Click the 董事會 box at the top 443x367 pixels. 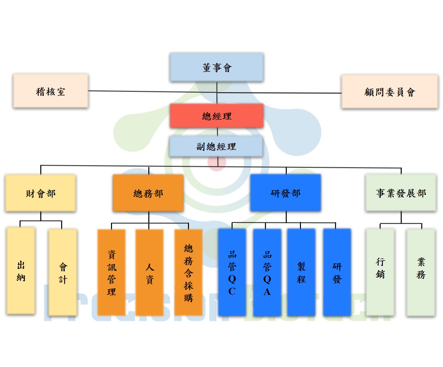[217, 67]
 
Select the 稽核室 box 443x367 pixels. [51, 91]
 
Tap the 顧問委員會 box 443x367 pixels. [390, 92]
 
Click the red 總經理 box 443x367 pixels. [217, 116]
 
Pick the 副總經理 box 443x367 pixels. [216, 146]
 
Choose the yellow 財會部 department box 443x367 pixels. [41, 193]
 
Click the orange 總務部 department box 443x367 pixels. [148, 193]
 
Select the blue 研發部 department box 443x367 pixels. [285, 193]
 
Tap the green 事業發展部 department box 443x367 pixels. [401, 193]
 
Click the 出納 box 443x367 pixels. [21, 271]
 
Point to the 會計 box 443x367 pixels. [63, 273]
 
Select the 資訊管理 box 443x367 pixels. [112, 273]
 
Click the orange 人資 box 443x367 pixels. [150, 273]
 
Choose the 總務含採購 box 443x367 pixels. [188, 273]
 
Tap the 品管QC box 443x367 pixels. [232, 273]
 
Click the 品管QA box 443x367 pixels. [267, 273]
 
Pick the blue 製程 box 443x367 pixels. [301, 273]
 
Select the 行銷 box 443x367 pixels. [380, 273]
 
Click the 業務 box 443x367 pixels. [421, 273]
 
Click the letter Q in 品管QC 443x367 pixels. [232, 279]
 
